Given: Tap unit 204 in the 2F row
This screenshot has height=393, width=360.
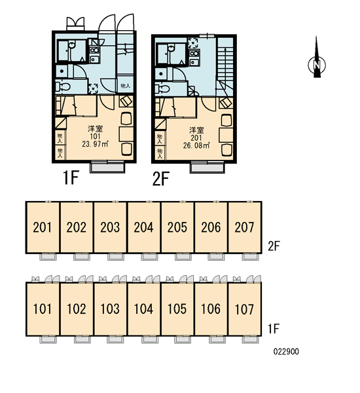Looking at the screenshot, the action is [143, 227].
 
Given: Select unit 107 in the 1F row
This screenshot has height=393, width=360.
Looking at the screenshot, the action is [245, 309].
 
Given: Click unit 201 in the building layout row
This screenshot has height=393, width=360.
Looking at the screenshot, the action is [43, 227].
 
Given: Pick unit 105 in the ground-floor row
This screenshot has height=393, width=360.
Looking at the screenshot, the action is [177, 309].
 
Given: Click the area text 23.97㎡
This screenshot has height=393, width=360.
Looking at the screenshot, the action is [95, 144].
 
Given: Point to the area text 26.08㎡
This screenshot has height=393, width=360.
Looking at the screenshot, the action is [196, 145].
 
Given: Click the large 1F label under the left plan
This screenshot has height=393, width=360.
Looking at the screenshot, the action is [71, 178].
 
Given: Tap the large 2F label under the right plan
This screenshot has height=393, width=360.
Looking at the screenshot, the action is [161, 178].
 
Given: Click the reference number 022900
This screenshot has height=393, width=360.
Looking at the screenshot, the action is [286, 352].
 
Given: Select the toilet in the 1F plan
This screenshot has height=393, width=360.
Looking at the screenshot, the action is [63, 87].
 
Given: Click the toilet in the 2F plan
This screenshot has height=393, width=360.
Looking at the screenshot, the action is [162, 88].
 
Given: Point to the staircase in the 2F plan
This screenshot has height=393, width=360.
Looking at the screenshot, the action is [225, 66].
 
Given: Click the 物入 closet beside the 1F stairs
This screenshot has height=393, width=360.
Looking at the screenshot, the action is [125, 86].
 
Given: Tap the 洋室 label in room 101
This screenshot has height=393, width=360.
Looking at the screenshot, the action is [95, 129].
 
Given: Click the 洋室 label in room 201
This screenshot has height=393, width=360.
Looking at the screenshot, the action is [196, 130].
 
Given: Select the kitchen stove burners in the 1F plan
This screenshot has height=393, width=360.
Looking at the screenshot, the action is [94, 50].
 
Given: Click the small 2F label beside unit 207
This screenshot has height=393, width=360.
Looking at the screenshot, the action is [274, 246].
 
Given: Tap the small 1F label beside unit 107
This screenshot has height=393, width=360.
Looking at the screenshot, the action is [274, 329].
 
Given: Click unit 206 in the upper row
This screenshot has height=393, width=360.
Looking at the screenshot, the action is [211, 227].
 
